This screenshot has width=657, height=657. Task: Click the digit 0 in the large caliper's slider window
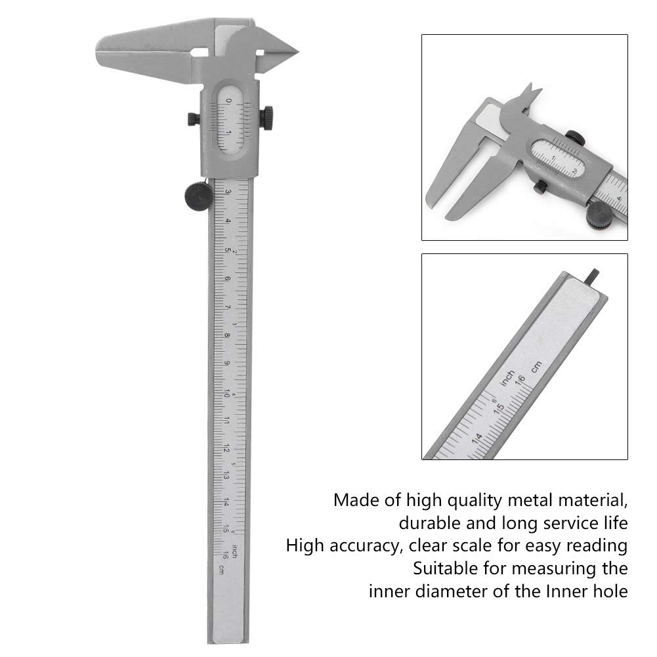click(x=228, y=100)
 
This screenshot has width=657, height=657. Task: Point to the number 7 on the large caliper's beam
click(x=227, y=307)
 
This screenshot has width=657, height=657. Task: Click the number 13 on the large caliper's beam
click(x=226, y=475)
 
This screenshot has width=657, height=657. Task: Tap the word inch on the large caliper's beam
click(x=242, y=552)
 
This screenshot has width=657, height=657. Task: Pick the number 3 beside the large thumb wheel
click(x=228, y=192)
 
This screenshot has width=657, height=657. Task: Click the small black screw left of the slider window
click(x=192, y=119)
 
